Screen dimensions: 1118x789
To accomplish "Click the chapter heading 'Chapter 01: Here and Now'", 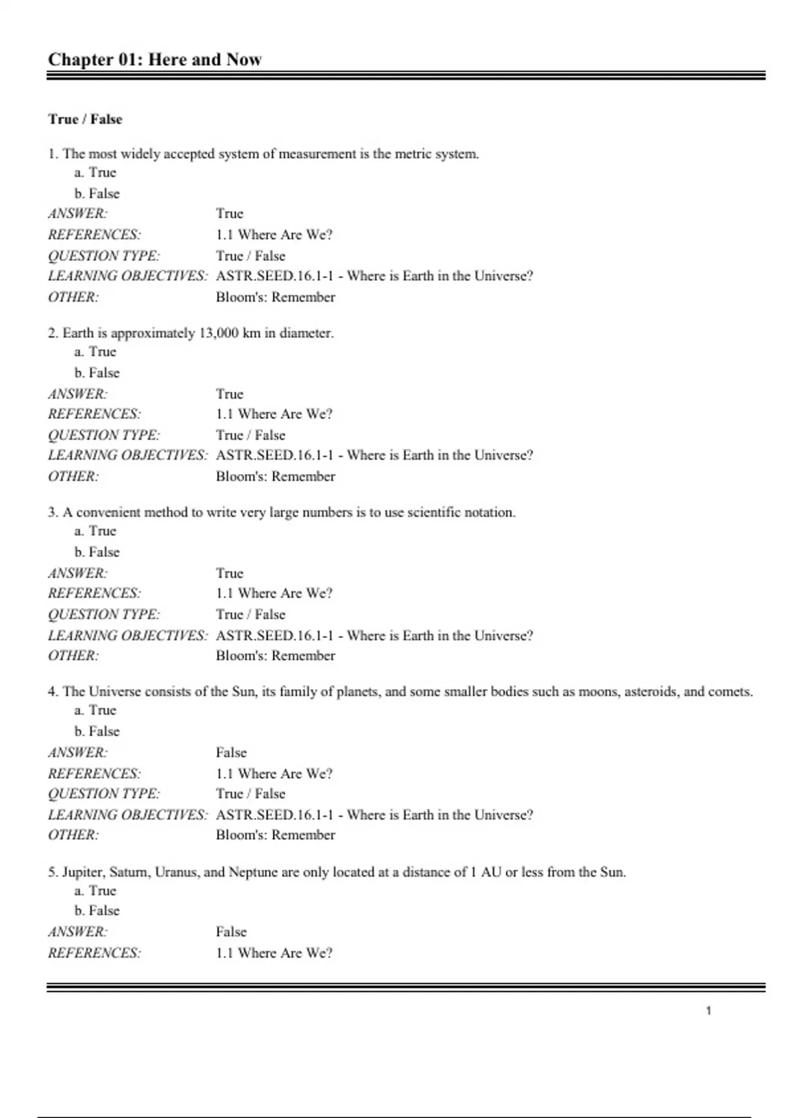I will click(x=155, y=60).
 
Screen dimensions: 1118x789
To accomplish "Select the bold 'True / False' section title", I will click(x=85, y=119).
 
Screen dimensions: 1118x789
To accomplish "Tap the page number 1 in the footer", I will click(x=708, y=1011).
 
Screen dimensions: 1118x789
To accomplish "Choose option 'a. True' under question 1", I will click(x=95, y=172).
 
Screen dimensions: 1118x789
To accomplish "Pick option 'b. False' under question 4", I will click(x=97, y=731).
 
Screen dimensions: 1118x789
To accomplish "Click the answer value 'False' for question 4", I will click(x=231, y=752).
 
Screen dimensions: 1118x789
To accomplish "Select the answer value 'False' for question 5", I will click(x=231, y=932).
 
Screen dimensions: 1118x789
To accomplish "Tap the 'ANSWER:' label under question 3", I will click(x=78, y=573).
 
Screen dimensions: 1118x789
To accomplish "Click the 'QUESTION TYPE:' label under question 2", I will click(x=104, y=435).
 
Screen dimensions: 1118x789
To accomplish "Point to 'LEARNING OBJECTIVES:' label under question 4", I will click(x=128, y=815).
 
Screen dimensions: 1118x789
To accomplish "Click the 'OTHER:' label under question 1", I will click(x=73, y=297).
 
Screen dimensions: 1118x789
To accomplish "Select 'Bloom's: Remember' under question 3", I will click(x=275, y=656).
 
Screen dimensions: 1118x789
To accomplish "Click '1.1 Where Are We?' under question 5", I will click(x=274, y=953).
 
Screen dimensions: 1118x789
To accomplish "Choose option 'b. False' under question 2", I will click(x=97, y=373).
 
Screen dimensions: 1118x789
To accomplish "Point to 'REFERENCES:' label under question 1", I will click(x=94, y=235).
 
